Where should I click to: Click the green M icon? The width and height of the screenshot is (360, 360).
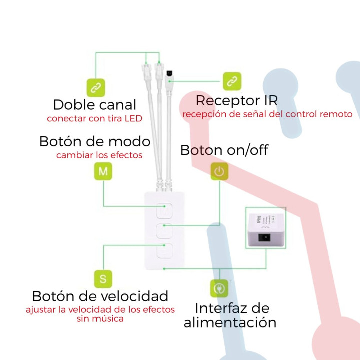(103, 171)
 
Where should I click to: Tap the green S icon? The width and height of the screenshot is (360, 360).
(103, 278)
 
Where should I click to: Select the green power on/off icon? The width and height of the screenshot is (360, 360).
(219, 171)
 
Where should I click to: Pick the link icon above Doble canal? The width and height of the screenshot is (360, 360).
(95, 87)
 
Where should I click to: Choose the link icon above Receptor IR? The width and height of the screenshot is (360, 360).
(232, 80)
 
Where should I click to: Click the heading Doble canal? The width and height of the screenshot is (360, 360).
(94, 105)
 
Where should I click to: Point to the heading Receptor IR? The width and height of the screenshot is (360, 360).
(236, 100)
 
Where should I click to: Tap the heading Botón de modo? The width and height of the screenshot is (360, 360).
(94, 141)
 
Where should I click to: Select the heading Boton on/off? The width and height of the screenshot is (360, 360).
(224, 150)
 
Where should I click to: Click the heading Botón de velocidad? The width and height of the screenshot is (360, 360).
(100, 296)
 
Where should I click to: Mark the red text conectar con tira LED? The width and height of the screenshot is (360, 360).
(94, 119)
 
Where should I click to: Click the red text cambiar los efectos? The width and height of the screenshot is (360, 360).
(99, 155)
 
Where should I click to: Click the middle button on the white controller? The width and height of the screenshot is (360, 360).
(164, 231)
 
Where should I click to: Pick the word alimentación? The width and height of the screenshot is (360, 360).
(230, 322)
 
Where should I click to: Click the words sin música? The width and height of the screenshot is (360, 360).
(100, 319)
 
